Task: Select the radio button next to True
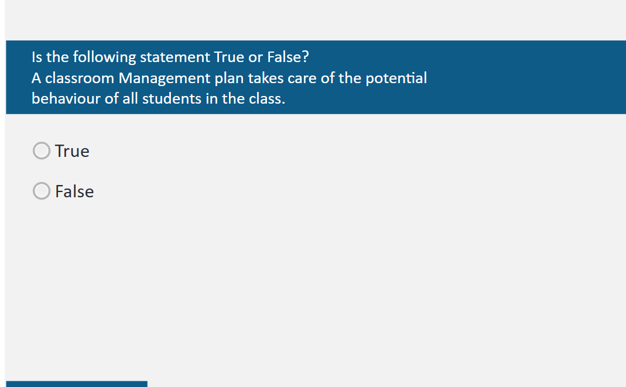pos(42,151)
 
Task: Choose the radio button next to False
pos(42,191)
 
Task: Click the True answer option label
pos(72,151)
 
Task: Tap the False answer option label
pos(74,191)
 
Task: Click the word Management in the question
pos(165,78)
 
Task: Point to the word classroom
pos(80,78)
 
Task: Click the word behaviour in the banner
pos(66,98)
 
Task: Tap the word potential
pos(396,78)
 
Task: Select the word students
pos(172,98)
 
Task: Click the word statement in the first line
pos(175,57)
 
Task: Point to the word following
pos(104,57)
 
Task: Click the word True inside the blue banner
pos(229,57)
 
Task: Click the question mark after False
pos(306,57)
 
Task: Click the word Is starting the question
pos(37,57)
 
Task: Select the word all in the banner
pos(130,98)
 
